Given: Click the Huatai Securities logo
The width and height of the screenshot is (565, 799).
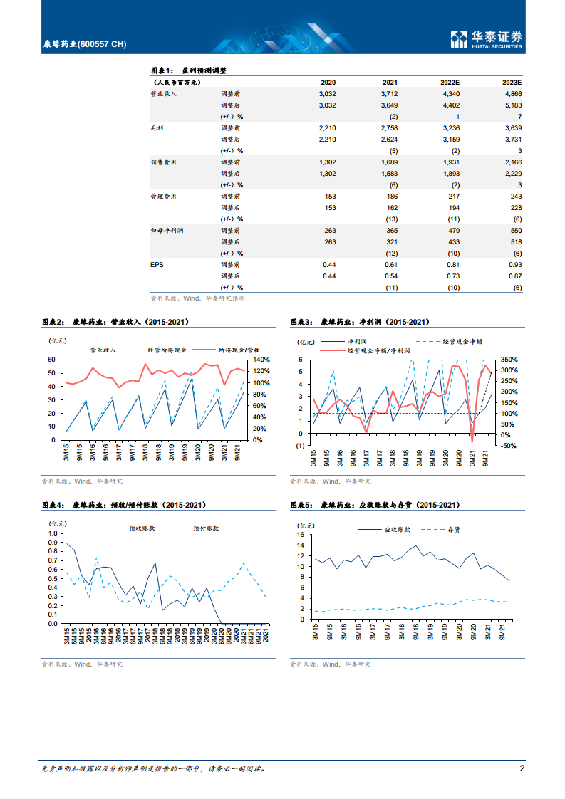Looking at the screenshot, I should coord(487,39).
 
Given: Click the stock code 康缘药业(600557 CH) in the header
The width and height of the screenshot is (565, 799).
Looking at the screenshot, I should coord(84,44).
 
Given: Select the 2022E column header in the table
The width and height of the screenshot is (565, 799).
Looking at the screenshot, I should coord(450,83).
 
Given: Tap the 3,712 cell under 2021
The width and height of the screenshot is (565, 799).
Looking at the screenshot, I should coord(388,93).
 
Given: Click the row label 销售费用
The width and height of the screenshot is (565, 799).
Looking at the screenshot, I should coord(163,162).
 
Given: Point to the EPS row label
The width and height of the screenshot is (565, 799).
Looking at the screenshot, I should coord(157,264).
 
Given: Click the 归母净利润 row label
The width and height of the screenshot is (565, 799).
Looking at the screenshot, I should coord(166,230).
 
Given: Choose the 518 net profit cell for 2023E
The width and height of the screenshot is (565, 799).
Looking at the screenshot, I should coord(516,241).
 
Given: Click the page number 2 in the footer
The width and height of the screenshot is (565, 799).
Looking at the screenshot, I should coord(522,768).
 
